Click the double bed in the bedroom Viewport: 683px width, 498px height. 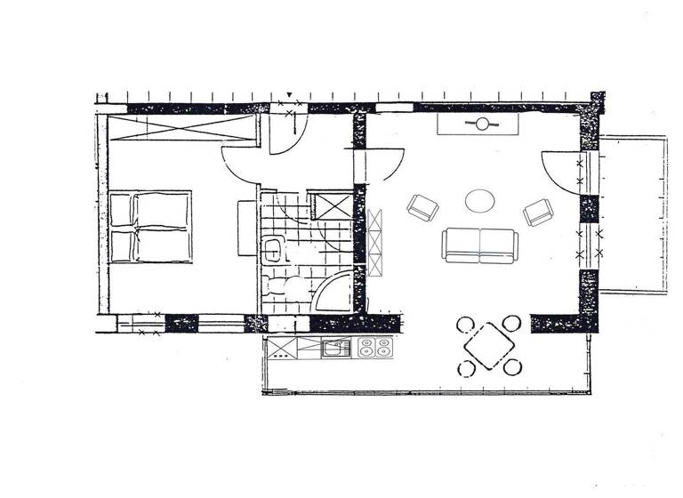coord(150,227)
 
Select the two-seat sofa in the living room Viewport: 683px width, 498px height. coord(479,245)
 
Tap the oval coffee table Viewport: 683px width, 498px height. coord(482,200)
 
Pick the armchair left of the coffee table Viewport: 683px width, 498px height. coord(422,209)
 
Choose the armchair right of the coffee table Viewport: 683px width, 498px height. coord(538,212)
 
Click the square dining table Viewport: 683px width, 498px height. coord(488,344)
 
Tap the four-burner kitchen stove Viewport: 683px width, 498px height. coord(375,348)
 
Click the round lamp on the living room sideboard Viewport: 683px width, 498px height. coord(482,124)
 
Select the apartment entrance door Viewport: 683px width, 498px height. coord(285,133)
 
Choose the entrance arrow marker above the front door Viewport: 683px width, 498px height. coord(289,96)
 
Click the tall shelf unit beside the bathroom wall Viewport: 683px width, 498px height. coord(375,240)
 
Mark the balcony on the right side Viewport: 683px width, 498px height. coord(633,213)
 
